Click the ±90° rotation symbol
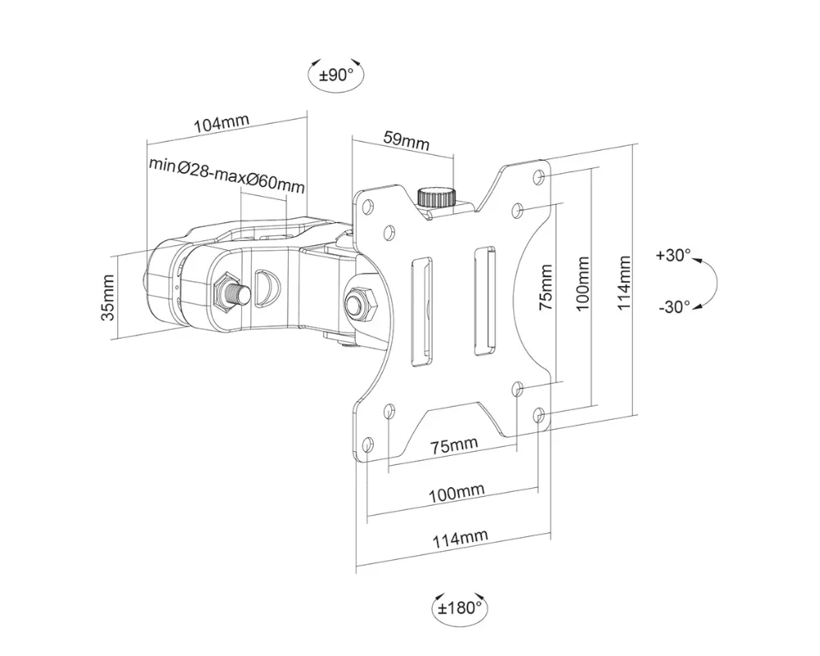click(335, 75)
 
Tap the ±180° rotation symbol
click(457, 608)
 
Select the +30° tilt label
click(673, 255)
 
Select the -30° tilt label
click(673, 307)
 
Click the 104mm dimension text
click(221, 125)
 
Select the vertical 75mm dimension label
click(547, 283)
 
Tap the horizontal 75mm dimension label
click(453, 445)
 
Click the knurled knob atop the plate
click(436, 197)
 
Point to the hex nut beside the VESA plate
click(358, 302)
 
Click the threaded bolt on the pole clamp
click(231, 292)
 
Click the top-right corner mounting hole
click(539, 178)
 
